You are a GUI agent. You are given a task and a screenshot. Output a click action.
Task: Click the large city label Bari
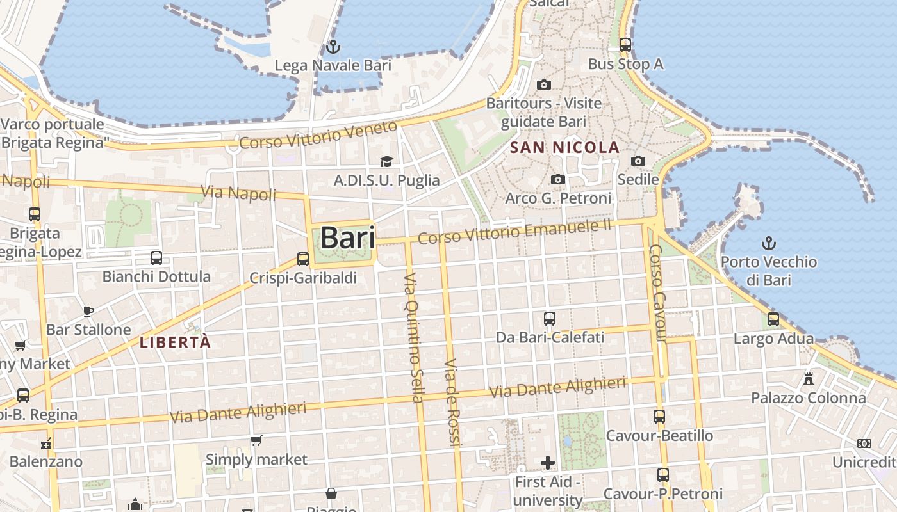(x=347, y=237)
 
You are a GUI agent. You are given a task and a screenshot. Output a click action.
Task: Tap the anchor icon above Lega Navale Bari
(x=333, y=47)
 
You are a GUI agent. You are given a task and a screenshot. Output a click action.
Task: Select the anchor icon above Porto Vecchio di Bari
(x=768, y=243)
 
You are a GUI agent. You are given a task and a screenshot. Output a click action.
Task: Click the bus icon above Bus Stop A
(x=625, y=45)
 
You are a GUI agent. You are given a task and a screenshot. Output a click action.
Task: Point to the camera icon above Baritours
(x=543, y=84)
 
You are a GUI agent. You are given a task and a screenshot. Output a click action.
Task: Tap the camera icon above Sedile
(x=638, y=161)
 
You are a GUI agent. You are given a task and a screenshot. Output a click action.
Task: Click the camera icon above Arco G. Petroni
(x=558, y=180)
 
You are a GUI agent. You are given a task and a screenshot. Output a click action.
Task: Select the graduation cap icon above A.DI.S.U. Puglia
(x=386, y=161)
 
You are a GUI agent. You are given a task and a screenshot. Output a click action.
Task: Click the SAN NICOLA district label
(x=564, y=148)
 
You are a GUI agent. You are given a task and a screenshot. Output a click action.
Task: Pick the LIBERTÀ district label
(x=175, y=342)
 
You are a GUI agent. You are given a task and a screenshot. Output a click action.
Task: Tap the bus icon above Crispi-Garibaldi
(x=303, y=259)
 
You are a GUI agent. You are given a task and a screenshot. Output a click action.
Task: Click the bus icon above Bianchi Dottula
(x=156, y=258)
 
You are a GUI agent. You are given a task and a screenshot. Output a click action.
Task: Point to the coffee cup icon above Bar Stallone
(x=88, y=311)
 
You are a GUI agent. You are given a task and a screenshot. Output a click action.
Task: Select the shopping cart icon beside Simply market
(x=256, y=440)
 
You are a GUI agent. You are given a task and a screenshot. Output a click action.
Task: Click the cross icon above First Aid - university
(x=548, y=462)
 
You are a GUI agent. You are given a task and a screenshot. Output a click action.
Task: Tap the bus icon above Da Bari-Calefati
(x=550, y=318)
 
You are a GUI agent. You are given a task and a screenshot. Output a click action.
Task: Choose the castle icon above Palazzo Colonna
(x=809, y=378)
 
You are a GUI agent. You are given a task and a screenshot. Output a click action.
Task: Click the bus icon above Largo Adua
(x=773, y=319)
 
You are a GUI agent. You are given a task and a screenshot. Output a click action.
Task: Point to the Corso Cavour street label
(x=658, y=294)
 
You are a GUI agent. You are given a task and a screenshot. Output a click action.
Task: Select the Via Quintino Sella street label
(x=414, y=337)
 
